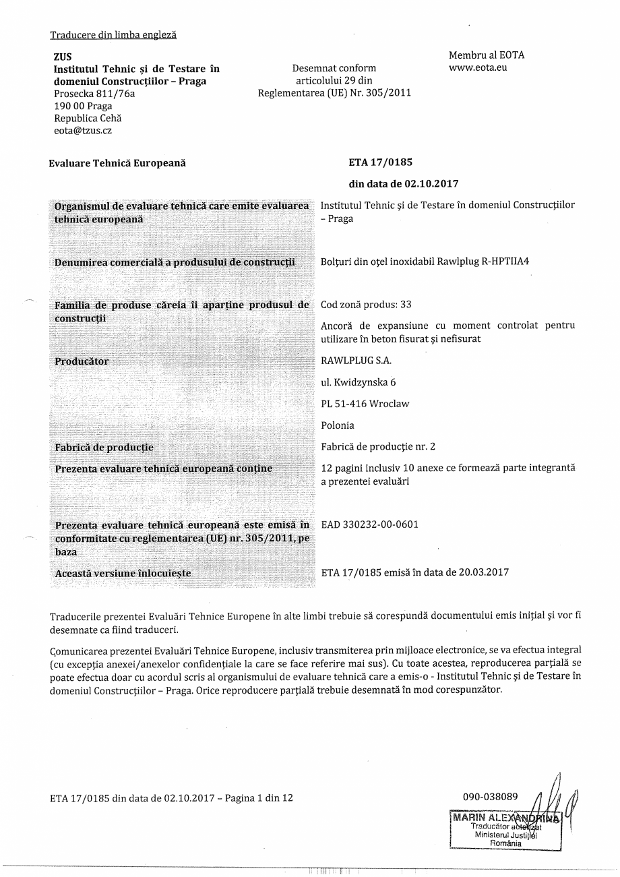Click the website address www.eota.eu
coord(478,68)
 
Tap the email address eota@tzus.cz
coord(83,131)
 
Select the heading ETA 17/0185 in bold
coord(380,162)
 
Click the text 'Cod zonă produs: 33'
coord(367,305)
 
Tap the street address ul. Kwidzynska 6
coord(359,382)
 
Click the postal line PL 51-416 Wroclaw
coord(365,404)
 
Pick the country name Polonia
coord(338,425)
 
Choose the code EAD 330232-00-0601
coord(369,524)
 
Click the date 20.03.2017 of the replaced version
coord(485,573)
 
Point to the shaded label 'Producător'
coord(82,361)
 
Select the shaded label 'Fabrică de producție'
coord(104,448)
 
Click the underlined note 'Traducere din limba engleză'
coord(113,34)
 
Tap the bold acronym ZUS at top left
coord(63,57)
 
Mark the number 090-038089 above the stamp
coord(491,797)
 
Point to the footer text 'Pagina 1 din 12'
coord(259,798)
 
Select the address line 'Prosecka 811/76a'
coord(94,94)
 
